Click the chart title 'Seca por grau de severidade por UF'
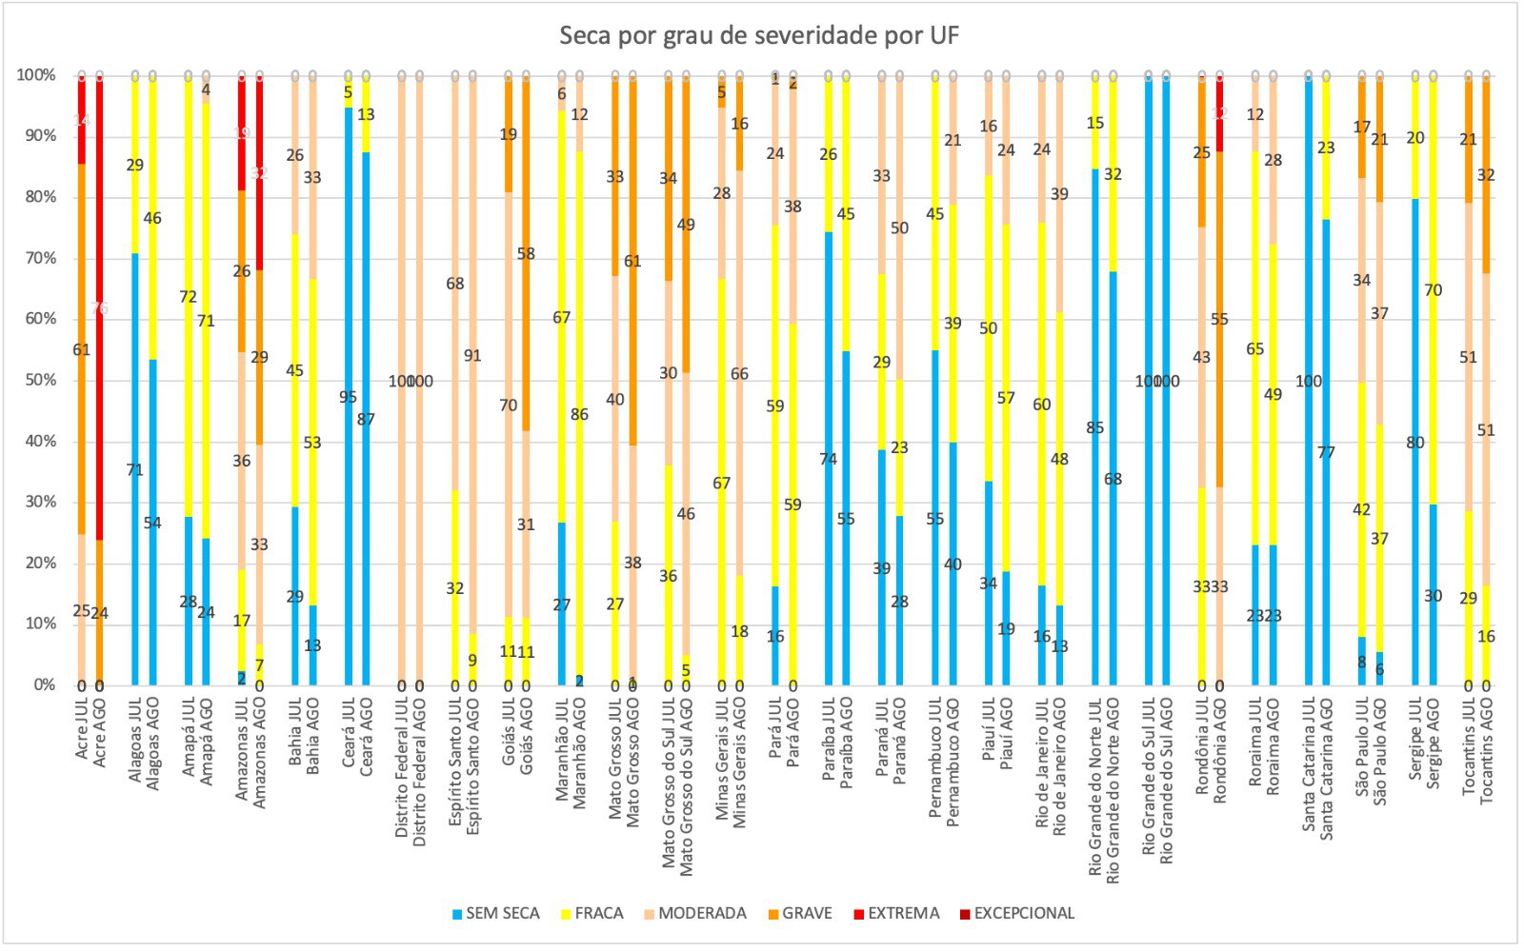(x=759, y=36)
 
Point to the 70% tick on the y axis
(x=36, y=258)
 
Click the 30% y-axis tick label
(x=36, y=502)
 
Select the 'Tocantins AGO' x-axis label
(x=1486, y=749)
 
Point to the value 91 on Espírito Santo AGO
(x=472, y=356)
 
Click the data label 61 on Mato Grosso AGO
(x=632, y=262)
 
